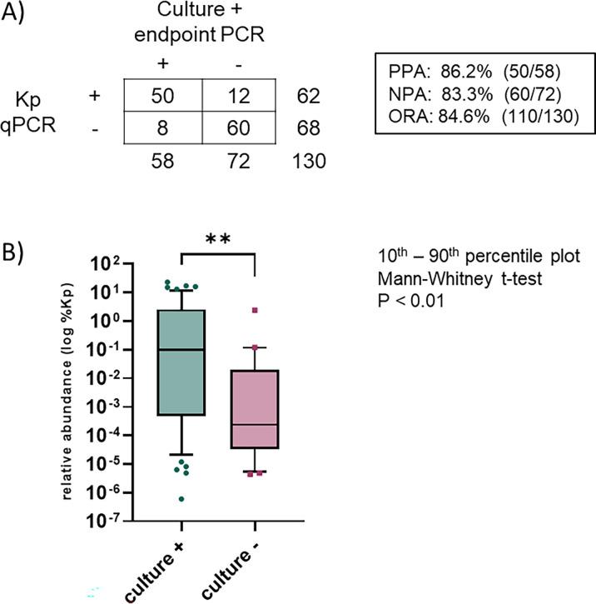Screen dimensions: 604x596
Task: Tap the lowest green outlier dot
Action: (181, 498)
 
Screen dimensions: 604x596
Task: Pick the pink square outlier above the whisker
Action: (256, 310)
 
